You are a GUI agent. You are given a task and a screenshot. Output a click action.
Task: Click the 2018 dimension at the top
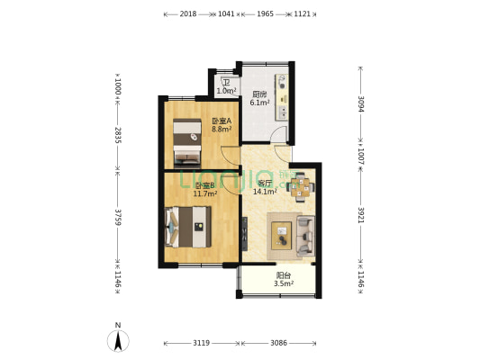point(188,14)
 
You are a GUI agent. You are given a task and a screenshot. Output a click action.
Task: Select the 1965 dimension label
point(265,14)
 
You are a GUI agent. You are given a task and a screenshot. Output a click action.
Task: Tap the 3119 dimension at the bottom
point(202,343)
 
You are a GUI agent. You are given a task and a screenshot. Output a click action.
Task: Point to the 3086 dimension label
point(279,343)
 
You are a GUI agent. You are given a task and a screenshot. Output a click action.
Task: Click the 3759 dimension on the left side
point(118,217)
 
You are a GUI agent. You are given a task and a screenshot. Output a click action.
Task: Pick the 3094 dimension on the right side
point(361,104)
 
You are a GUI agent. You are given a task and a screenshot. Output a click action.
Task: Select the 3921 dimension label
point(361,215)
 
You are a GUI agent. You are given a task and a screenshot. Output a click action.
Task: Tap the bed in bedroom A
point(187,143)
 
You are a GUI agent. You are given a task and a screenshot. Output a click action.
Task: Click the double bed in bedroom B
point(188,227)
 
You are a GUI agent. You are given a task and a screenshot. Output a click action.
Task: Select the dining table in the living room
point(300,187)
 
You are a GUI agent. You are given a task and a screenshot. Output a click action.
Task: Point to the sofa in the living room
point(305,236)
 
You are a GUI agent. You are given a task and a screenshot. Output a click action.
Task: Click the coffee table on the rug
point(282,236)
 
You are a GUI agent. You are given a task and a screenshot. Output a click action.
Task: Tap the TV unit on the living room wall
point(245,234)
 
